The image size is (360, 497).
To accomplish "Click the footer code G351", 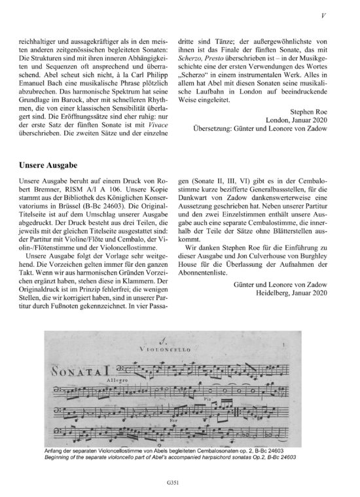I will click(179, 483).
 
